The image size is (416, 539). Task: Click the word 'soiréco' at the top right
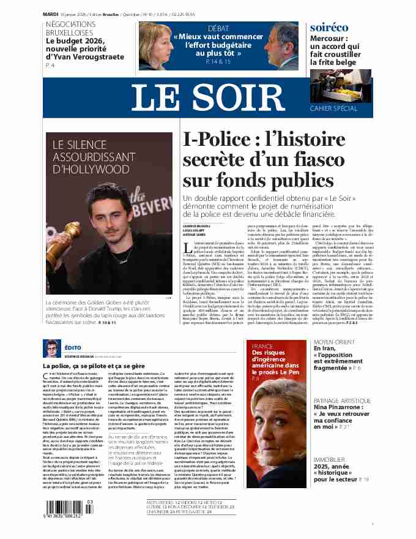pyautogui.click(x=329, y=28)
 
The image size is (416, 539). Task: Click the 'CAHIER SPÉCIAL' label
pyautogui.click(x=342, y=108)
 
